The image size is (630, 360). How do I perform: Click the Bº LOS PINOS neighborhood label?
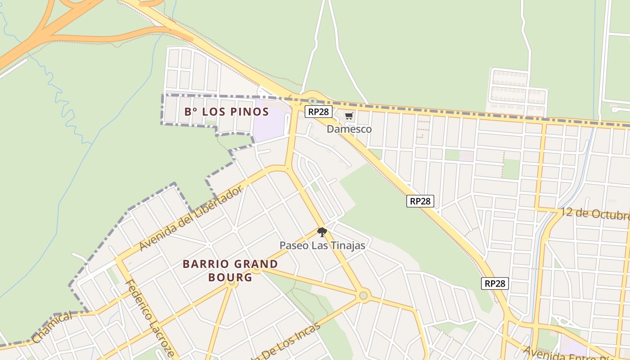tap(226, 112)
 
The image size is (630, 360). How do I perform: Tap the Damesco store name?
tap(349, 129)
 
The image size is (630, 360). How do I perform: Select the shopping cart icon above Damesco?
tap(349, 116)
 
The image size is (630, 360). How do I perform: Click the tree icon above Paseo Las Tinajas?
tap(321, 232)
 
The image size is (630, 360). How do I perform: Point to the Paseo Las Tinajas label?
tap(322, 246)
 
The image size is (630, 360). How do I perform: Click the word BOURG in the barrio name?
tap(230, 277)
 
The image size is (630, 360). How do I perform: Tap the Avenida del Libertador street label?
tap(191, 219)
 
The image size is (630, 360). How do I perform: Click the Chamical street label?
tap(52, 328)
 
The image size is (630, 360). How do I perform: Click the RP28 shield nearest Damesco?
tap(319, 112)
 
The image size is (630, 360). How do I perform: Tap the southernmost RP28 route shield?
tap(495, 283)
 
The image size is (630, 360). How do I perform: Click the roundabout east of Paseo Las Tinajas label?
tap(363, 296)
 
